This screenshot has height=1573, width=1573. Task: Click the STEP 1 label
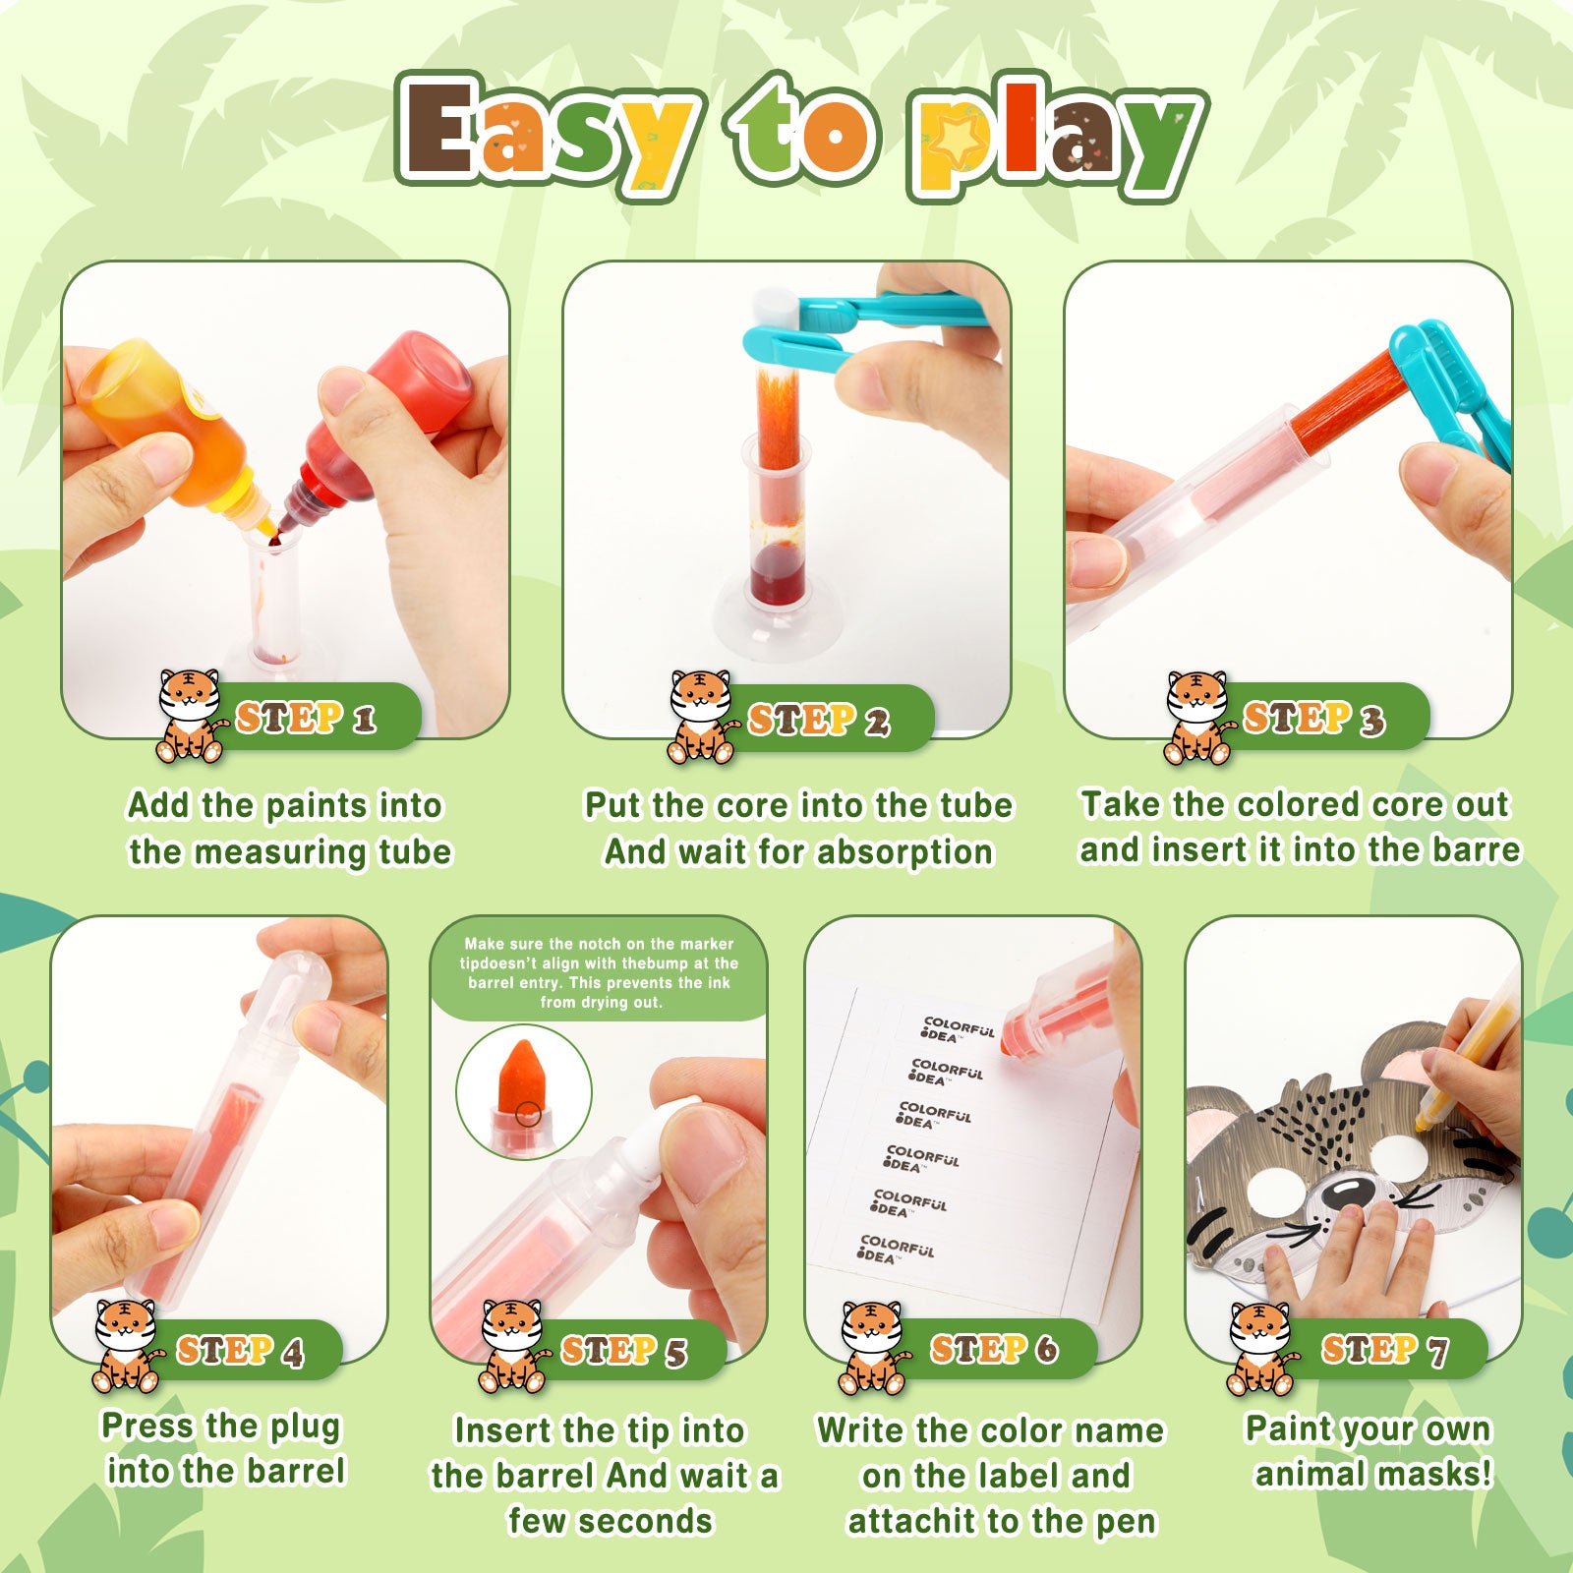305,718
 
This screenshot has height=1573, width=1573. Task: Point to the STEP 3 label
1313,718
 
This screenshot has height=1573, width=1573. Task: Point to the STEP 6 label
994,1349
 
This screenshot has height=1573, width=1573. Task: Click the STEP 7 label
1384,1349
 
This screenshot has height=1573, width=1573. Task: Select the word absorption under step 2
904,852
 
